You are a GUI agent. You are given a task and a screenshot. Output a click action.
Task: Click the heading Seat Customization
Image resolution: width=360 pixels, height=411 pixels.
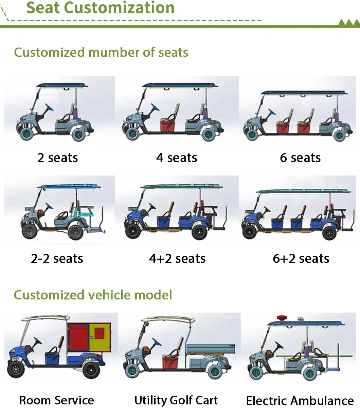coord(101,8)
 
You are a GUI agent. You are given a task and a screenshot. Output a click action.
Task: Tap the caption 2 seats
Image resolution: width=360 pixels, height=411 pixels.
coord(58,158)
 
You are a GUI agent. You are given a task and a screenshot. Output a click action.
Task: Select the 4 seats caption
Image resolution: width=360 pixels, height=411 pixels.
coord(177,158)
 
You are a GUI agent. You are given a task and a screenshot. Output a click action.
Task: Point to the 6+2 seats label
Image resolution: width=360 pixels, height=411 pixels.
coord(301,259)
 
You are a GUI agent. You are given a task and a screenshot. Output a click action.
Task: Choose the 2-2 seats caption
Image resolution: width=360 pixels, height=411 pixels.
coord(57,259)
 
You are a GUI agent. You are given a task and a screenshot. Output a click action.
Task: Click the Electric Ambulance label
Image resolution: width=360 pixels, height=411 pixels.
coord(300,401)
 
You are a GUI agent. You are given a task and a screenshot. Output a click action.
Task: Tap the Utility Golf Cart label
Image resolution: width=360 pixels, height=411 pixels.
coord(176,400)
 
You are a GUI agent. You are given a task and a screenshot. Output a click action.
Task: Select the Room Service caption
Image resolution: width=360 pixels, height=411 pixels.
coord(57,400)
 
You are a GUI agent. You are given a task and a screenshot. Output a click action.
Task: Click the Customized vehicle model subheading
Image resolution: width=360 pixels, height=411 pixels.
coord(93,295)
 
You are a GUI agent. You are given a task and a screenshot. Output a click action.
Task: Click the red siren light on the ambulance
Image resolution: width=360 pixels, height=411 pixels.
coord(281,318)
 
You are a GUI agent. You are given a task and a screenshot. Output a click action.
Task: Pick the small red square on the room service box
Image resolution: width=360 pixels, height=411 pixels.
coord(99,333)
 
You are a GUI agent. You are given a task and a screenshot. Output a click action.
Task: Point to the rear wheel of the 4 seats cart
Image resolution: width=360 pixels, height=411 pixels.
coord(208,134)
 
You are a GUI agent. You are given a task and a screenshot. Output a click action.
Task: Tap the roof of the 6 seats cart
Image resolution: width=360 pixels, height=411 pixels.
coord(304,93)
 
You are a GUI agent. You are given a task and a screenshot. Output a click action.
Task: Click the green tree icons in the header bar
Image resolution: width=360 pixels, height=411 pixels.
coord(349,23)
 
